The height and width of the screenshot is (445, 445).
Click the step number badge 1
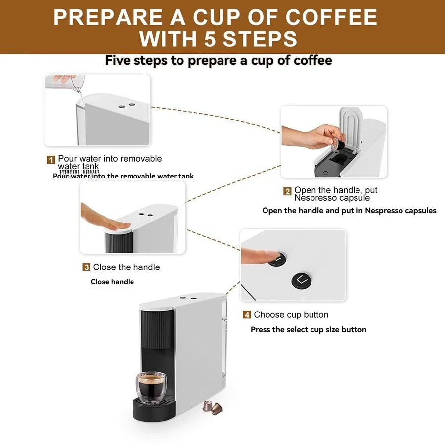point(51,160)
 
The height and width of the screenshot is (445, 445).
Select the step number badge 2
point(287,191)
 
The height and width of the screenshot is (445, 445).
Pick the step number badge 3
point(86,267)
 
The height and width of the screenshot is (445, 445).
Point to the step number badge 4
point(247,315)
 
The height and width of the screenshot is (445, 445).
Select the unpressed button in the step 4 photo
point(302,280)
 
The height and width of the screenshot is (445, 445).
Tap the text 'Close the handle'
point(127,267)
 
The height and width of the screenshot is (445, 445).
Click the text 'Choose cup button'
point(291,315)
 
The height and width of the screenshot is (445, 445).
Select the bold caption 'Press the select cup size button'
point(309,330)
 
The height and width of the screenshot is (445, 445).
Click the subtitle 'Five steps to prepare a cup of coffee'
point(219,61)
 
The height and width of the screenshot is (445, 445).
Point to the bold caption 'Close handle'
point(112,282)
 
